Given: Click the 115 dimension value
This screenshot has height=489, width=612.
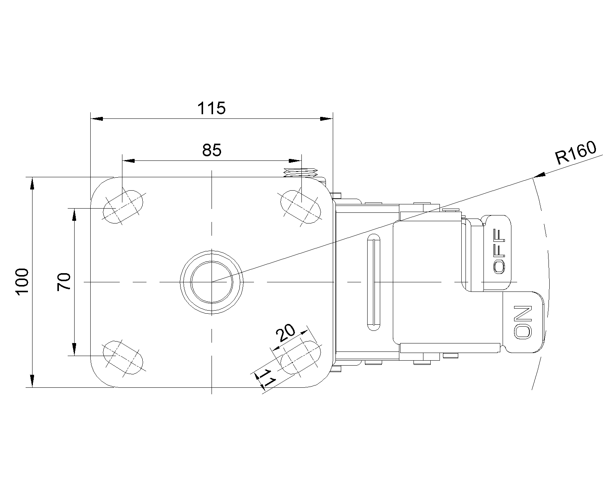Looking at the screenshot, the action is click(x=211, y=108).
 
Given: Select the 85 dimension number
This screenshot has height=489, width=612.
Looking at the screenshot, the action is click(x=212, y=150).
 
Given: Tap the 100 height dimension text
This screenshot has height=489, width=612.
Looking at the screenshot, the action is click(x=23, y=282).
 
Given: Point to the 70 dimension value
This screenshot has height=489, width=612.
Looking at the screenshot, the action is click(x=64, y=282).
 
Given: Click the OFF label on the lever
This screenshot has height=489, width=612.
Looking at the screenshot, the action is click(x=499, y=251).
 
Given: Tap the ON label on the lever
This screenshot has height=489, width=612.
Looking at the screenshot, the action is click(x=523, y=322).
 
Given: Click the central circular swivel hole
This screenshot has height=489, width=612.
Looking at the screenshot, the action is click(x=212, y=282).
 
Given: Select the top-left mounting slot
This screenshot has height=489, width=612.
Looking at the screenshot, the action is click(x=123, y=207).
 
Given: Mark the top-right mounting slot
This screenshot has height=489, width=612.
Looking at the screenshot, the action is click(x=301, y=207).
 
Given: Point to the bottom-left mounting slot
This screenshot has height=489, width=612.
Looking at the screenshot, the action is click(x=123, y=358).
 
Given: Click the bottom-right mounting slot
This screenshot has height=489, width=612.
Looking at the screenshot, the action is click(x=301, y=358).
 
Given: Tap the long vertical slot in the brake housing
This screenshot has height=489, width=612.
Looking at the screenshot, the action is click(x=374, y=282).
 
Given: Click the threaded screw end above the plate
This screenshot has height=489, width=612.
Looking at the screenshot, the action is click(x=301, y=173).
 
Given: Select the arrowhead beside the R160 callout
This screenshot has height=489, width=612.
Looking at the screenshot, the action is click(x=539, y=175).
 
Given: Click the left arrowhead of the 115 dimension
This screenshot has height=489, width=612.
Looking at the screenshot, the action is click(x=97, y=118).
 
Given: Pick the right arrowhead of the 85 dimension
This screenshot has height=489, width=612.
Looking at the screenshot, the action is click(x=295, y=161).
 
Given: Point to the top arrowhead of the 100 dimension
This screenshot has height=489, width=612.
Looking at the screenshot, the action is click(x=32, y=183).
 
